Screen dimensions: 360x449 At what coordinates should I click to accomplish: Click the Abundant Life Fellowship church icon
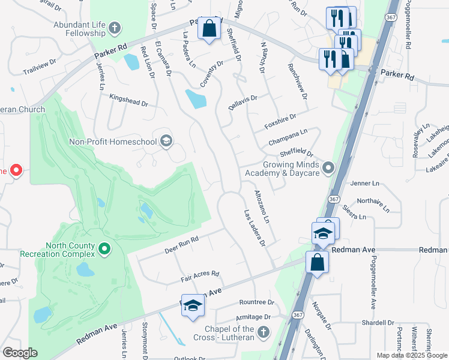(x=114, y=28)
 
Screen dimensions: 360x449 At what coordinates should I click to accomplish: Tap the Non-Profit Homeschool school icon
(x=166, y=142)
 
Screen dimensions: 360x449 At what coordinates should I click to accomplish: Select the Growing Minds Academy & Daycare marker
(x=328, y=168)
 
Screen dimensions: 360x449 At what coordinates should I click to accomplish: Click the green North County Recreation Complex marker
(x=104, y=248)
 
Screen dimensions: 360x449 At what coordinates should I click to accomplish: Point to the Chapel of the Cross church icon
(x=263, y=332)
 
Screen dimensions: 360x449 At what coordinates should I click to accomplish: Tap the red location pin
(x=16, y=171)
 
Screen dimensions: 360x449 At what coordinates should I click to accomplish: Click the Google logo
(x=20, y=353)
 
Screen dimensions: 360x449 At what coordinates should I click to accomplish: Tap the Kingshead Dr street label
(x=128, y=99)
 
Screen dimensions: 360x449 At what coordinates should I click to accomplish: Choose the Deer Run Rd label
(x=181, y=244)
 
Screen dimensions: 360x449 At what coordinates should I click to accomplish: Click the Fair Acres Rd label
(x=200, y=277)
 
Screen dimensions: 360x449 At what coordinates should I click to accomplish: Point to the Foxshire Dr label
(x=280, y=122)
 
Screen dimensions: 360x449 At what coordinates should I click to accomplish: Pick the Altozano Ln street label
(x=262, y=208)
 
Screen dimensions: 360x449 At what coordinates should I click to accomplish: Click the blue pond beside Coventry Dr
(x=196, y=99)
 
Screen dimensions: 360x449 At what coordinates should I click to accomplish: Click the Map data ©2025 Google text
(x=411, y=355)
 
